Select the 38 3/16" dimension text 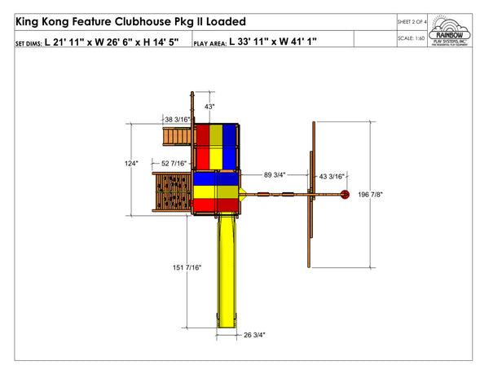point(178,120)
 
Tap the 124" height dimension point(131,164)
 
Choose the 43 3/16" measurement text point(331,174)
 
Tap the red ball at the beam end point(344,194)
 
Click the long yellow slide point(228,269)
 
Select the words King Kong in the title point(43,20)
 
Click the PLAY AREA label point(210,41)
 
